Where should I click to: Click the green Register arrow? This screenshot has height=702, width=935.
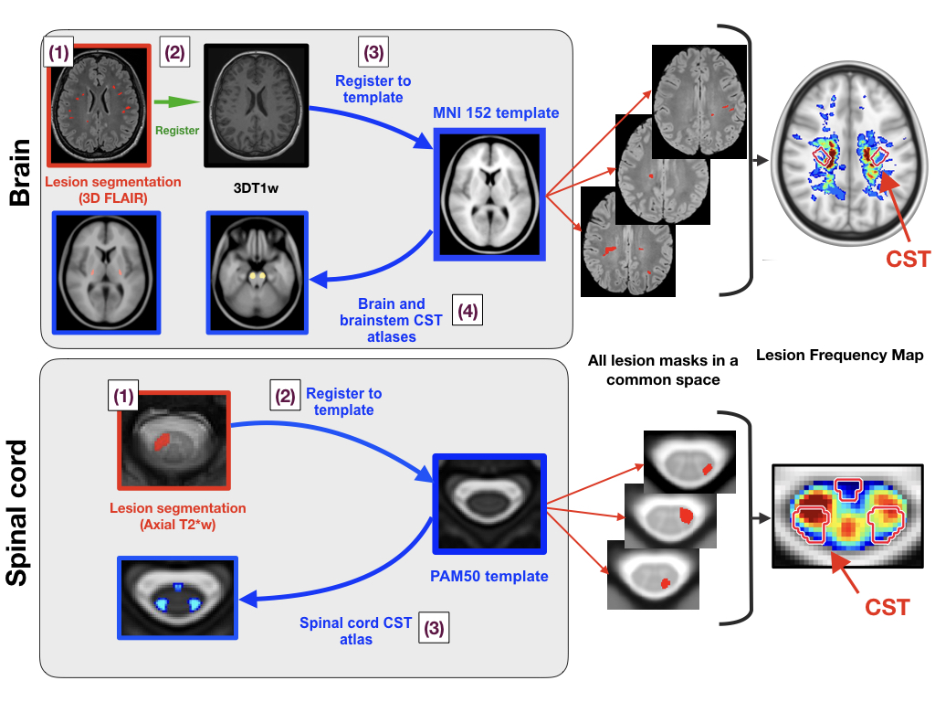(x=177, y=102)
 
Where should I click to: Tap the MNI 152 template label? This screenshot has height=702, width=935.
(x=496, y=112)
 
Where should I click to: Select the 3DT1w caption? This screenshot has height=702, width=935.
(x=256, y=188)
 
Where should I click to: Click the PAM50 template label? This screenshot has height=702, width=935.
(x=489, y=576)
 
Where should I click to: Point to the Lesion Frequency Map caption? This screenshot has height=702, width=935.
(x=840, y=356)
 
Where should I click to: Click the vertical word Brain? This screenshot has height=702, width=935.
(x=20, y=173)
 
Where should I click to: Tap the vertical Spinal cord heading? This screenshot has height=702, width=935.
(x=16, y=513)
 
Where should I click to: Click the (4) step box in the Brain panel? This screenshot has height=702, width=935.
(x=467, y=311)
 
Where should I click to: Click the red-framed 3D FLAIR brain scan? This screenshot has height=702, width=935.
(x=99, y=105)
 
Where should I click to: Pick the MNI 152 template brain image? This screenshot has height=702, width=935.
(x=489, y=195)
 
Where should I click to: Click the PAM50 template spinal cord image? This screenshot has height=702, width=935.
(x=489, y=505)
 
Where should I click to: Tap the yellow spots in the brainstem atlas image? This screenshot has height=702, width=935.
(x=257, y=275)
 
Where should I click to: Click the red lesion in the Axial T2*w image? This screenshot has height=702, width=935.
(x=162, y=441)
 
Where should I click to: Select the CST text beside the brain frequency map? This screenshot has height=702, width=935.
(x=908, y=259)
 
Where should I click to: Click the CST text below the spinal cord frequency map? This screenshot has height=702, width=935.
(x=887, y=607)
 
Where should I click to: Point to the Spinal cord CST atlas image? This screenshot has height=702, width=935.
(x=178, y=598)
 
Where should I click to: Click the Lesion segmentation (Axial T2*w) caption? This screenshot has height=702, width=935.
(x=178, y=516)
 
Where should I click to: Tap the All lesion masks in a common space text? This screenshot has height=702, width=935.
(x=663, y=370)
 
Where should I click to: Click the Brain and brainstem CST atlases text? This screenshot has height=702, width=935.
(x=391, y=320)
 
